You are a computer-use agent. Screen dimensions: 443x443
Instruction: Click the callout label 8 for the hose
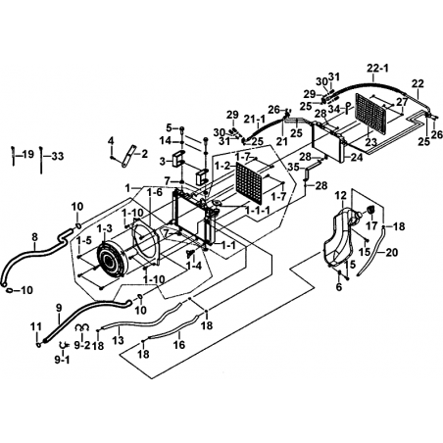point(35,236)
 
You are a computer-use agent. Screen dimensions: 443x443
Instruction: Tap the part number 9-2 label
point(81,345)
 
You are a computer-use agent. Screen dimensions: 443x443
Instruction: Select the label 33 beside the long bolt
point(58,156)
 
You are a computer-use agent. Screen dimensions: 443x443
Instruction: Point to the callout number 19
point(27,154)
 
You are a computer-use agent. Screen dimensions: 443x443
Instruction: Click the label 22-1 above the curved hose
point(377,69)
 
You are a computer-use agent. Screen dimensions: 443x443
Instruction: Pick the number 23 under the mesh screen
point(371,142)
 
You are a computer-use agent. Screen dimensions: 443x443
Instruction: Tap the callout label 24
point(357,158)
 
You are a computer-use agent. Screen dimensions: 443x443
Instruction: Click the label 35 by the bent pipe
point(294,168)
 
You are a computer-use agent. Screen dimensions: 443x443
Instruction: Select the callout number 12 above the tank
point(340,196)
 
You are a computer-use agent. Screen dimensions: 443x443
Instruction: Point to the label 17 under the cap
point(371,225)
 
